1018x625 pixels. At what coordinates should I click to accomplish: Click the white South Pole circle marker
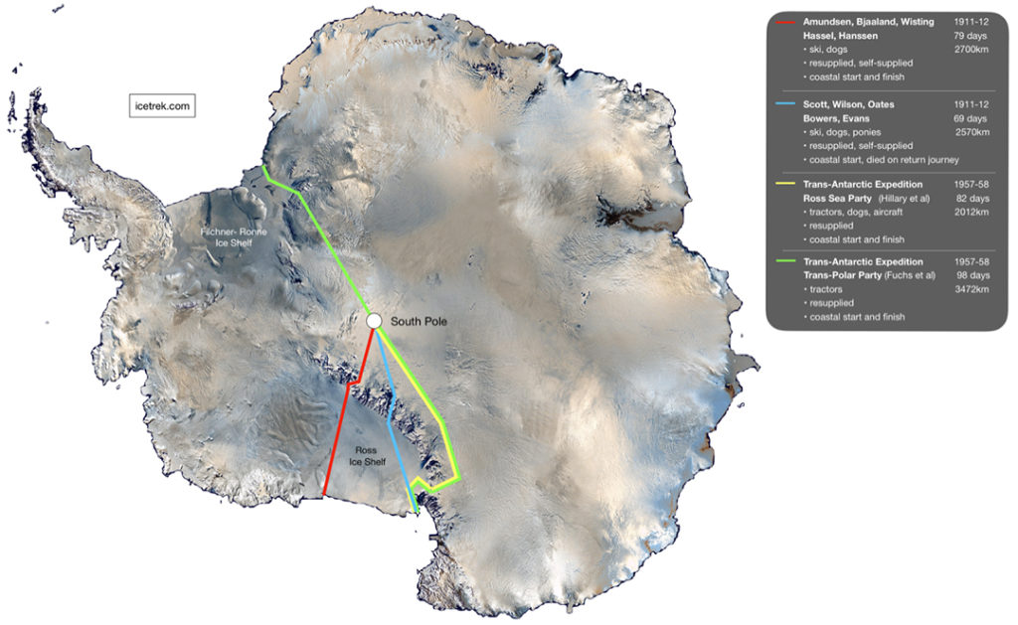374,321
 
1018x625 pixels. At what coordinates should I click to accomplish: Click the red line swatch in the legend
787,22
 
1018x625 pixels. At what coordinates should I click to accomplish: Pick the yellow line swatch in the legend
787,184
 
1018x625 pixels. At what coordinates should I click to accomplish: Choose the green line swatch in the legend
787,262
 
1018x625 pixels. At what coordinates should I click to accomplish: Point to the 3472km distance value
973,290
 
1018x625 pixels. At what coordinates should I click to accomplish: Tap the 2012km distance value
973,212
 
